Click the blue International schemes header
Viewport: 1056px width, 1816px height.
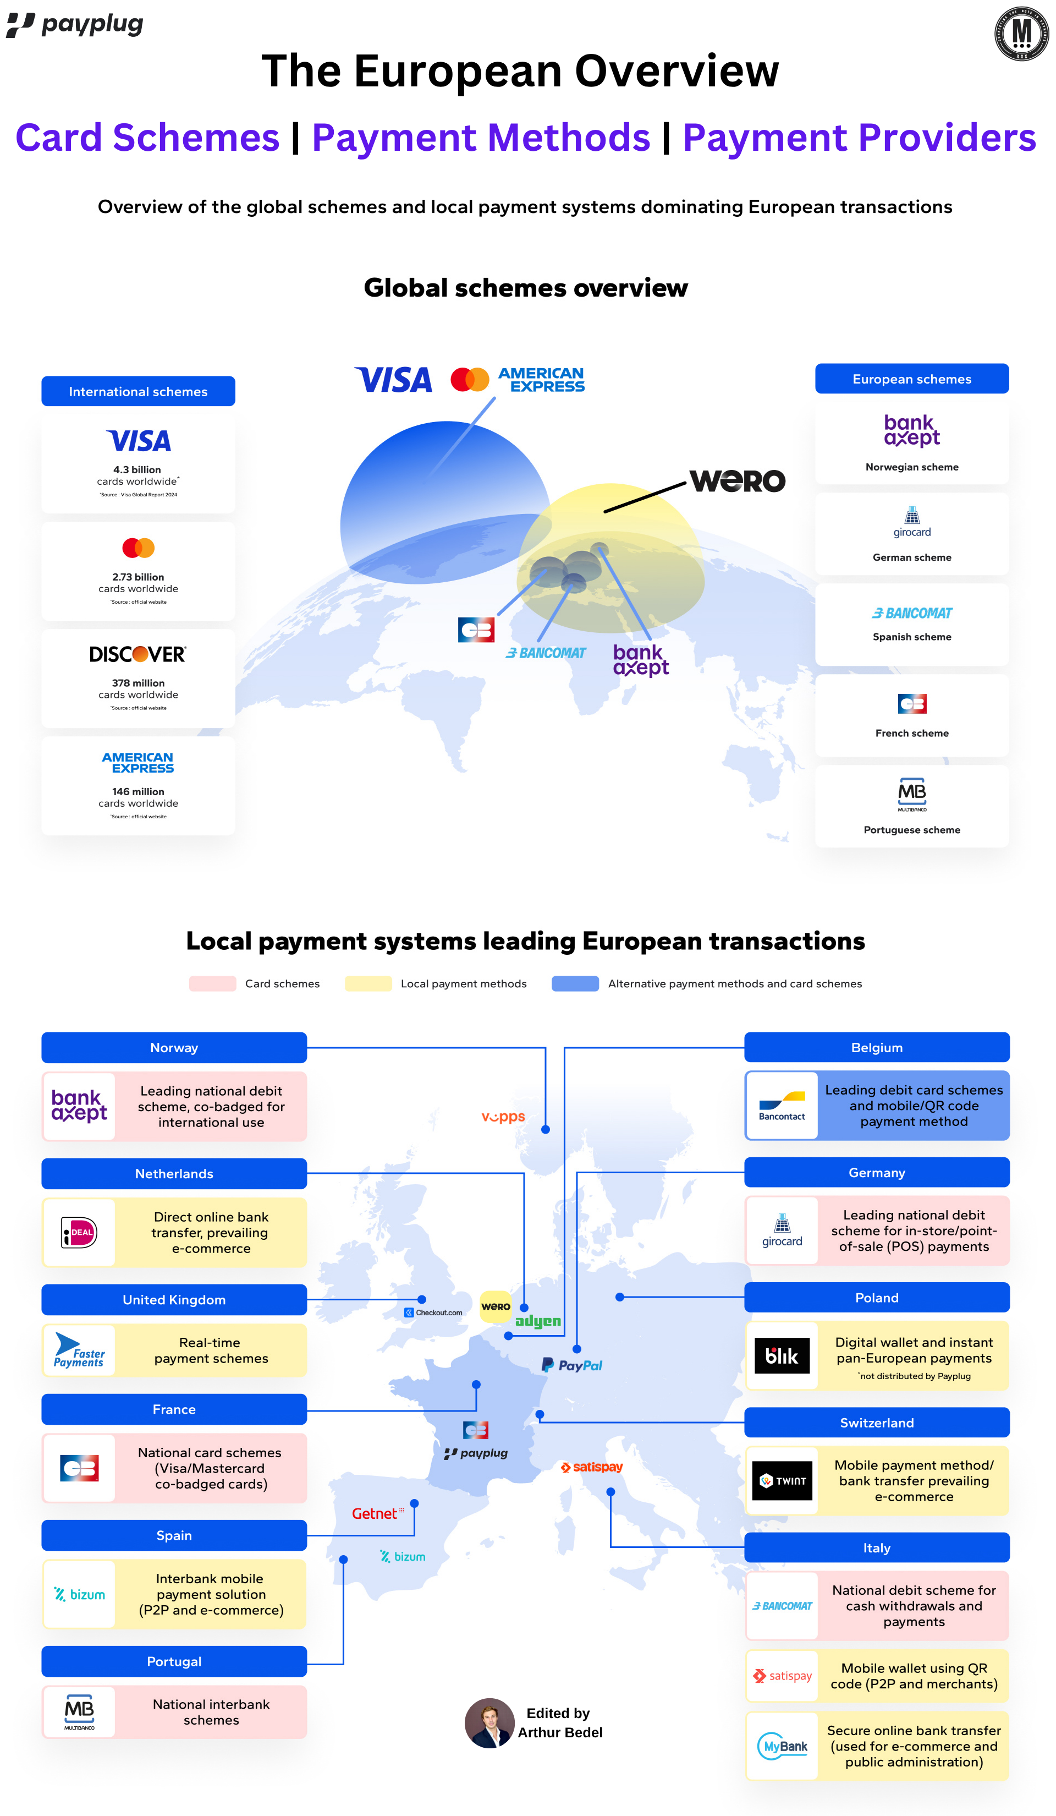tap(138, 391)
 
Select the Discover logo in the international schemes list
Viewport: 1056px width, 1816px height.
tap(138, 654)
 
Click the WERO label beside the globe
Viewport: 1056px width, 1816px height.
tap(738, 480)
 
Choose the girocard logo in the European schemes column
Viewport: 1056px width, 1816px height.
tap(912, 522)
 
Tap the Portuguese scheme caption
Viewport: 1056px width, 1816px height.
tap(912, 830)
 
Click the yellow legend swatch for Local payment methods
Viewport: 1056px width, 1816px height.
tap(368, 984)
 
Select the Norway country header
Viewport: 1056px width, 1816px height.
tap(174, 1048)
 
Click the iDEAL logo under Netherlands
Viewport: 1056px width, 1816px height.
tap(79, 1232)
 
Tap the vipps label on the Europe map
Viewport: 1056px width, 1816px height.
tap(503, 1117)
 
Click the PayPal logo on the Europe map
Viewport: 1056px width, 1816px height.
tap(572, 1365)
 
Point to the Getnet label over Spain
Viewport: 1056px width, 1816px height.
tap(375, 1513)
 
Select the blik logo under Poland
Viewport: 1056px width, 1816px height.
tap(782, 1356)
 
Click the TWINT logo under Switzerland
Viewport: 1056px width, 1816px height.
tap(782, 1481)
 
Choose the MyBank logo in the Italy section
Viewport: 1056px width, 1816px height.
tap(782, 1746)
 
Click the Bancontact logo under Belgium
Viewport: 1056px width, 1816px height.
tap(782, 1106)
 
